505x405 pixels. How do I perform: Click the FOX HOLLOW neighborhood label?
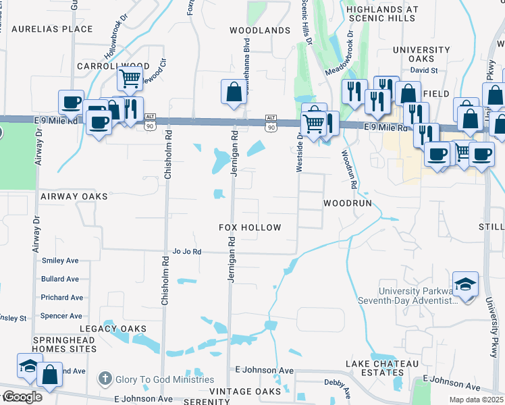pyautogui.click(x=250, y=227)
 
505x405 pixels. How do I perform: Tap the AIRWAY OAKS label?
pyautogui.click(x=74, y=196)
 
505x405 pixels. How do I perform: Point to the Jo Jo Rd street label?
pyautogui.click(x=187, y=252)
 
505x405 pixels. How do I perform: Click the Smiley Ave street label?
pyautogui.click(x=60, y=261)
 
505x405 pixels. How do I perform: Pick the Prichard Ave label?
pyautogui.click(x=62, y=298)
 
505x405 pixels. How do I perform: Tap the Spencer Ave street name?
pyautogui.click(x=61, y=316)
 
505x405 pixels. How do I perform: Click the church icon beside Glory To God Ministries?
pyautogui.click(x=104, y=379)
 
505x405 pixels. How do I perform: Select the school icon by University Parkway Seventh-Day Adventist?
pyautogui.click(x=466, y=283)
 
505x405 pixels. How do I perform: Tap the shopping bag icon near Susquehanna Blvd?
pyautogui.click(x=233, y=92)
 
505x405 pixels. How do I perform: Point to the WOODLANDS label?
pyautogui.click(x=260, y=31)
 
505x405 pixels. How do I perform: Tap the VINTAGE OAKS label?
pyautogui.click(x=244, y=391)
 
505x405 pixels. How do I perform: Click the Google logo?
pyautogui.click(x=22, y=397)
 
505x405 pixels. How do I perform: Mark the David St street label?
pyautogui.click(x=424, y=70)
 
